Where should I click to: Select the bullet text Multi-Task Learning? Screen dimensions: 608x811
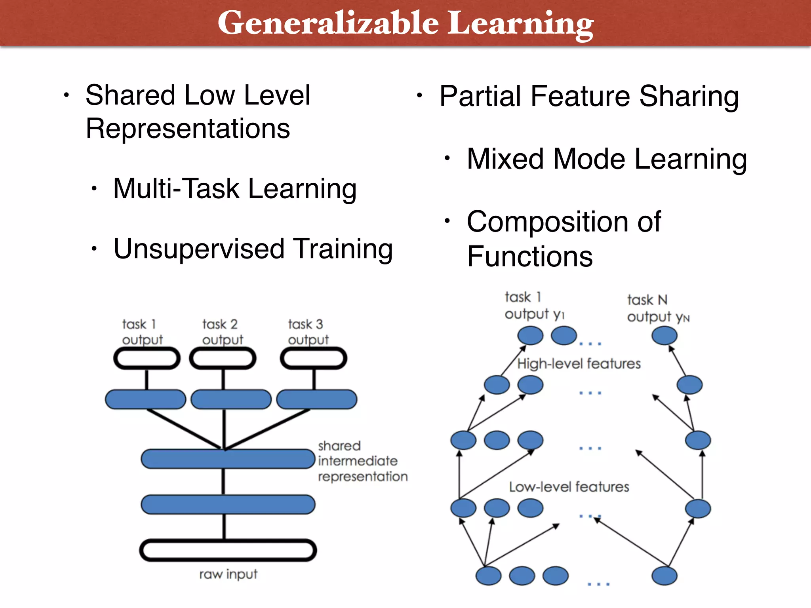[x=235, y=188]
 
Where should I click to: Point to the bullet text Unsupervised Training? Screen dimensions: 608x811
[x=253, y=249]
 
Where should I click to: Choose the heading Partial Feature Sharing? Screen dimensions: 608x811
[x=589, y=96]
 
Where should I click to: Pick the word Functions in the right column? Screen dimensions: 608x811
[x=529, y=256]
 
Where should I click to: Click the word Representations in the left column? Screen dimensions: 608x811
[x=188, y=129]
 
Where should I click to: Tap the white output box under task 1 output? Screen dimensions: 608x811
[x=147, y=359]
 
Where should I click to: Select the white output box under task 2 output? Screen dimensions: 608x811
[x=223, y=359]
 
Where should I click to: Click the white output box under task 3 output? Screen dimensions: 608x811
[x=314, y=359]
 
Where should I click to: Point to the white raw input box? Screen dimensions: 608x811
[x=228, y=550]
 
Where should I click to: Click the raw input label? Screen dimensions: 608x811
[x=228, y=574]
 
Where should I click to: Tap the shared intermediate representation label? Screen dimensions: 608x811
[x=362, y=461]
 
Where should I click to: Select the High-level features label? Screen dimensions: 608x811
[x=579, y=363]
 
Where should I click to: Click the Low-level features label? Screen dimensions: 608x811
[x=569, y=486]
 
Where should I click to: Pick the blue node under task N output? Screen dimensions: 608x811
[x=664, y=336]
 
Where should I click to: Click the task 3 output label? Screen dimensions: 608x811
[x=308, y=332]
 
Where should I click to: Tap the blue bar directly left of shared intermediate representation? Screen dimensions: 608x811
[x=228, y=459]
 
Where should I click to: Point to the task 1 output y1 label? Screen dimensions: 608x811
[x=534, y=305]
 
